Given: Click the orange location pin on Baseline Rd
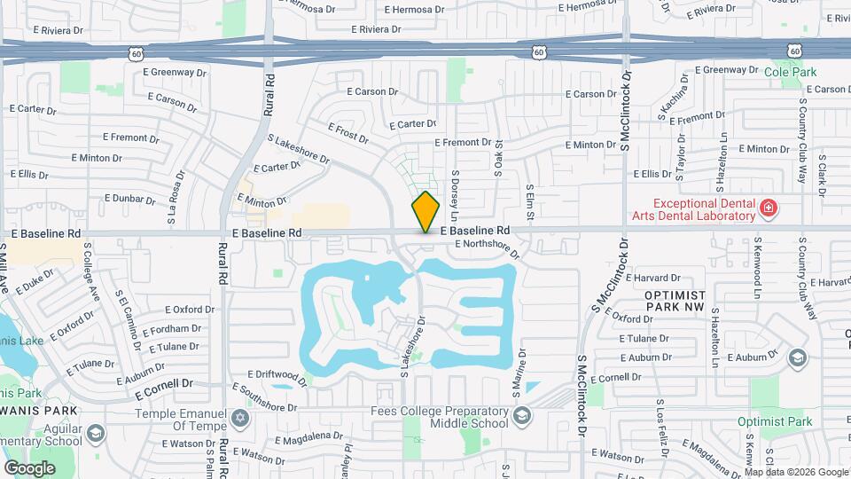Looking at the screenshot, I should coord(425,212).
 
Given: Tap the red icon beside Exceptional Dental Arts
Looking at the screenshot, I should coord(768,208).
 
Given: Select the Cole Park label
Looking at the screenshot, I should coord(790,71).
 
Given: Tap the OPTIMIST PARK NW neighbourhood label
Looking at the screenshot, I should coord(675,300).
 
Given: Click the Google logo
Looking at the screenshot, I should coord(30,467).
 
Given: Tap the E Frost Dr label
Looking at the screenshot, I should coord(347,133).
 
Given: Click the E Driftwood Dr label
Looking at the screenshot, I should coord(277,378).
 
